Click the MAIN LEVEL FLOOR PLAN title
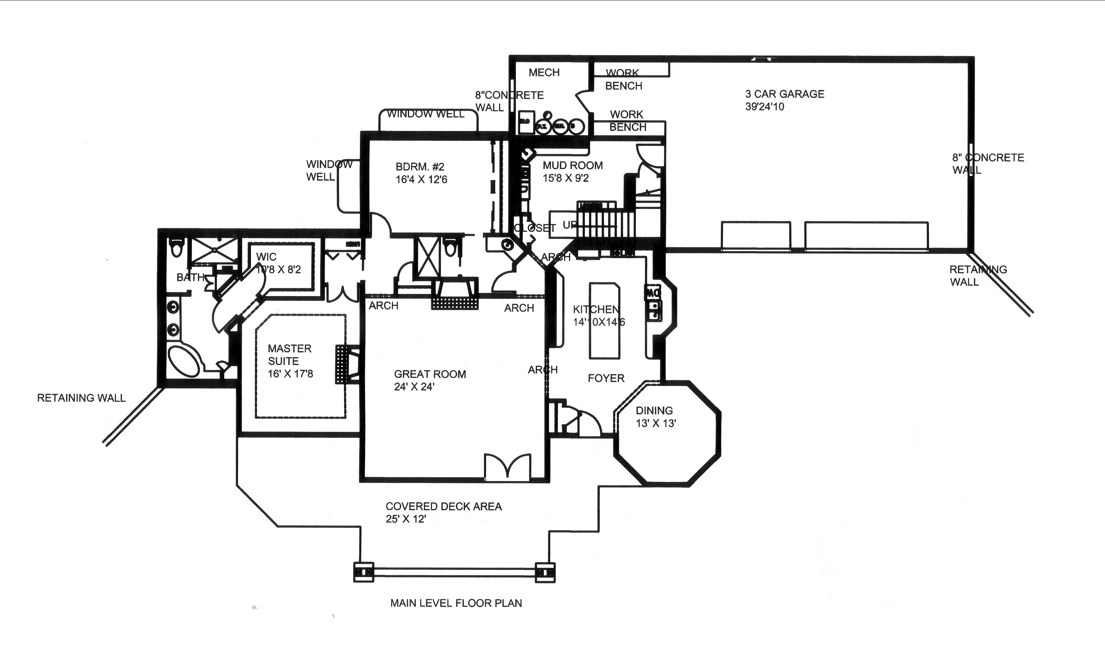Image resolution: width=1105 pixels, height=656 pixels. coord(455,603)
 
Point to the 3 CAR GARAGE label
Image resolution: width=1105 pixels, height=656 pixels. coord(784,100)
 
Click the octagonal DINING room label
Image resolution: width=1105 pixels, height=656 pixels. coord(655,416)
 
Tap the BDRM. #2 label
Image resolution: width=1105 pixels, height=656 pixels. coord(421,173)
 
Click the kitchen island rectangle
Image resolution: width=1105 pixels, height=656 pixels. coord(604,321)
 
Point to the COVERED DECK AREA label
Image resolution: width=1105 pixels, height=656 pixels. coord(443,512)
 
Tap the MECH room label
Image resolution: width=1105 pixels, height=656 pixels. coord(544,72)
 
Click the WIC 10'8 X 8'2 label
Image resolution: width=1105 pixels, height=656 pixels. coord(278,263)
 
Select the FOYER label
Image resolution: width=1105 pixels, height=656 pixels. coord(606,378)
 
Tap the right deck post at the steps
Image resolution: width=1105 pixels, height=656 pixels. coord(545,572)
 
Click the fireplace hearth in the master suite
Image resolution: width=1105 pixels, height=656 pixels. coord(342,364)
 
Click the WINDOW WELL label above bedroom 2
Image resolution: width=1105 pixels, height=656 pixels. coord(426,114)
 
